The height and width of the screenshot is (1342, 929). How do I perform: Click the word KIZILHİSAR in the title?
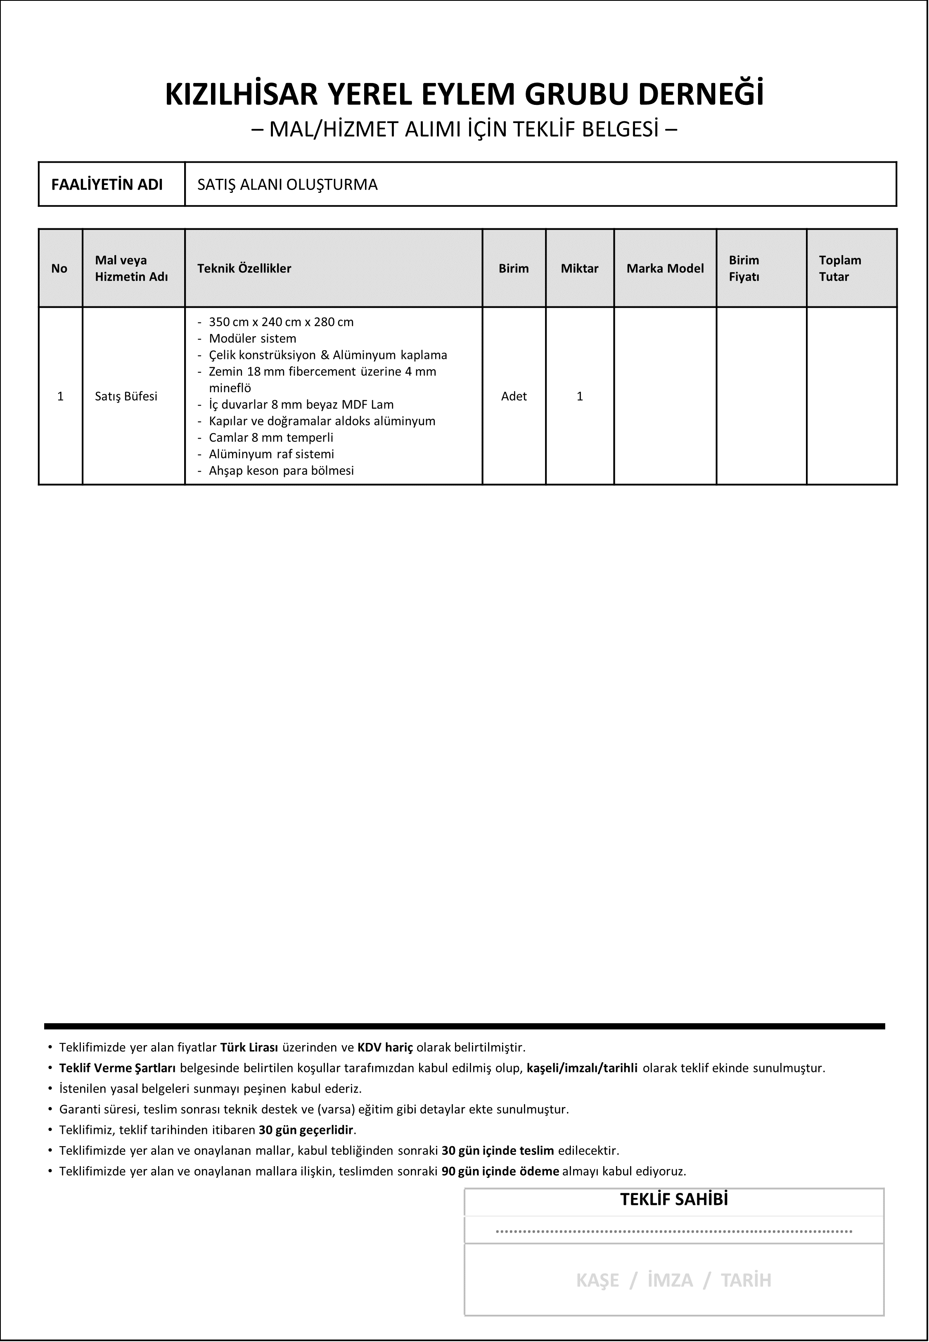[242, 94]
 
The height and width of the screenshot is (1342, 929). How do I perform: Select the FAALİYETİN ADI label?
[107, 185]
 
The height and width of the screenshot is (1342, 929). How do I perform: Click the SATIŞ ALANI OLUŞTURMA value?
[287, 185]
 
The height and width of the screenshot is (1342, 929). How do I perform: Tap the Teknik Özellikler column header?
[244, 268]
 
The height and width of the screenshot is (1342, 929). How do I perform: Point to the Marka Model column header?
[665, 268]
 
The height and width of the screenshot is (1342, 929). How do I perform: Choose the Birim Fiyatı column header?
[744, 268]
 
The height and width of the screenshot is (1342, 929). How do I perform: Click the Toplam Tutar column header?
[839, 268]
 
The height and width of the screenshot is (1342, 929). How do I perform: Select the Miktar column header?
[579, 268]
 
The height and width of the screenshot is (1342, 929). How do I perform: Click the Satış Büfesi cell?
[126, 396]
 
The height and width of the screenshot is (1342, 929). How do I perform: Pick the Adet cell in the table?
[513, 396]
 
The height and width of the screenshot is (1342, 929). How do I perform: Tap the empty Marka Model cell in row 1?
[665, 396]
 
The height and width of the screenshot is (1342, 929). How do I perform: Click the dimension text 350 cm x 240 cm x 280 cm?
[281, 322]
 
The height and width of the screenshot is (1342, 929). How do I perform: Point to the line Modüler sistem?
[253, 338]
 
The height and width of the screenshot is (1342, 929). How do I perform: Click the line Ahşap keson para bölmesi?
[281, 471]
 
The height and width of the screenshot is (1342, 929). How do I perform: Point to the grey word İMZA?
[670, 1280]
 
